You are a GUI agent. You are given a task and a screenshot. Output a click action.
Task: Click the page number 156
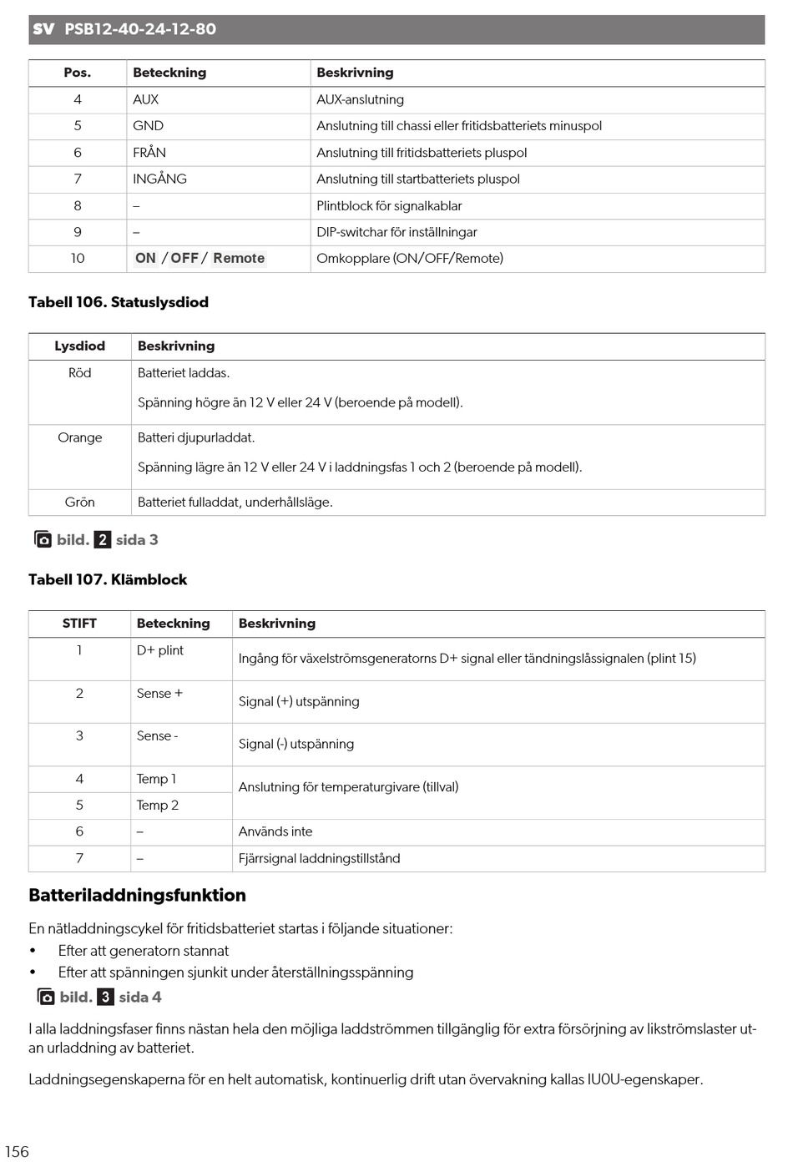[x=17, y=1151]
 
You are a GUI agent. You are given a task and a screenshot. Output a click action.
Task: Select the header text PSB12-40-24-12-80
[x=140, y=29]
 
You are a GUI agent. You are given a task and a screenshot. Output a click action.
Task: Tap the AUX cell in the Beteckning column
[x=145, y=99]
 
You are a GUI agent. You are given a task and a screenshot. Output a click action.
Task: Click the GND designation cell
[x=148, y=126]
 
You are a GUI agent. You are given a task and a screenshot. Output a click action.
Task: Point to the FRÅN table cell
[x=149, y=153]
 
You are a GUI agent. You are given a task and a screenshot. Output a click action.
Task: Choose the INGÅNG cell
[x=159, y=179]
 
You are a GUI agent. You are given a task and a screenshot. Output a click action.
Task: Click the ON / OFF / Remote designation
[x=200, y=259]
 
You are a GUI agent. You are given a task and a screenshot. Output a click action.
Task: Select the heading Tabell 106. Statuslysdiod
[x=119, y=302]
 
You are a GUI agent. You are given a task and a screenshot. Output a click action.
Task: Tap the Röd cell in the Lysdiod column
[x=80, y=373]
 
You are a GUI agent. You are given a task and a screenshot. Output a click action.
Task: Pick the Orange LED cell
[x=80, y=437]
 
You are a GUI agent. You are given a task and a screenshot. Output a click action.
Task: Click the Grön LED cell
[x=80, y=503]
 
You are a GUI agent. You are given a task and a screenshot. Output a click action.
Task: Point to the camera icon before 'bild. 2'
[x=43, y=540]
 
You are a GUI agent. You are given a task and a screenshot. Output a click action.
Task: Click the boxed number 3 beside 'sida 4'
[x=106, y=998]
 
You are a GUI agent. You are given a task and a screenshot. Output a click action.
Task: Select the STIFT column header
[x=79, y=624]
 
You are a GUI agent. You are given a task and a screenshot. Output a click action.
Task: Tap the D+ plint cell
[x=160, y=650]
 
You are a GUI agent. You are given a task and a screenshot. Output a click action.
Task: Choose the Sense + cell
[x=159, y=694]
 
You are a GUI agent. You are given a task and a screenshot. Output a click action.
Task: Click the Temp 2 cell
[x=158, y=806]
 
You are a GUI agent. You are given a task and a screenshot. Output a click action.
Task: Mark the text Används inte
[x=275, y=832]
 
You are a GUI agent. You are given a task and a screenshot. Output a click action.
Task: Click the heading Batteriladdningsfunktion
[x=137, y=896]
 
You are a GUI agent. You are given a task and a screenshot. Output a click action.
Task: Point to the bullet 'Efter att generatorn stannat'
[x=144, y=951]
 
